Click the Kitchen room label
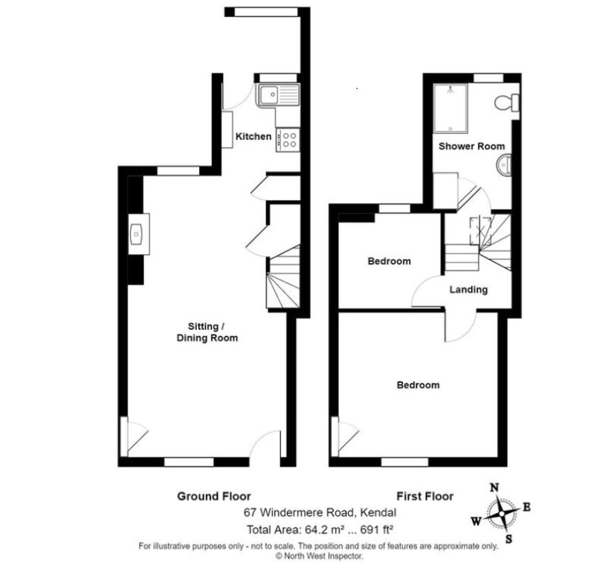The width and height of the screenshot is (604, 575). tap(253, 136)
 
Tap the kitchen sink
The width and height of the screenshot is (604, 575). tap(277, 95)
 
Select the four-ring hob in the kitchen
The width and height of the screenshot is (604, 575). tap(288, 140)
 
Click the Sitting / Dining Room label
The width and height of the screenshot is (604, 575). tap(207, 332)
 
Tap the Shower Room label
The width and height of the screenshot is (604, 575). tap(472, 146)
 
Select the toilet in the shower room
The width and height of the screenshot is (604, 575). tap(507, 103)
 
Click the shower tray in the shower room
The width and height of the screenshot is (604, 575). tap(451, 108)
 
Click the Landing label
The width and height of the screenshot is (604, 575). tap(468, 290)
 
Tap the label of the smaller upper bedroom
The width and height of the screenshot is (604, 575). tap(389, 262)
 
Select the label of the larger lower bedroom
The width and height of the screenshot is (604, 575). tap(418, 385)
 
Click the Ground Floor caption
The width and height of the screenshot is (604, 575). tap(214, 496)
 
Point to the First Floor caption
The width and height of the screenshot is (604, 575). tap(425, 496)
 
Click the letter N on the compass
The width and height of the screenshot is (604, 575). tap(494, 488)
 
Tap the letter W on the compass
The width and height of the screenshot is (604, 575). tap(476, 521)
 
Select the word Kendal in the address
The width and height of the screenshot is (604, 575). tap(378, 512)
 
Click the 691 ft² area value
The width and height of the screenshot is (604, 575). tap(376, 529)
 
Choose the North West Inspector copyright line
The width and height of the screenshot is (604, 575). tap(319, 556)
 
